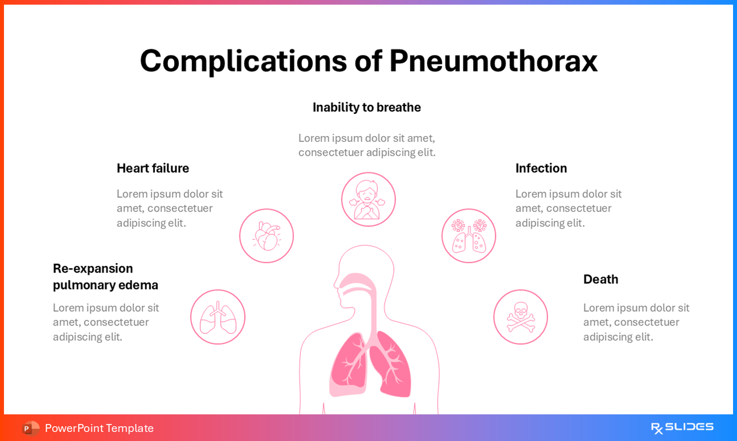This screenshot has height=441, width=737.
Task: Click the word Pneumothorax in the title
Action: (x=493, y=61)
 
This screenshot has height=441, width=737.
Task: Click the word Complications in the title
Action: (x=243, y=61)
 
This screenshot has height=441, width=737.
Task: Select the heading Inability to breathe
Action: (x=367, y=107)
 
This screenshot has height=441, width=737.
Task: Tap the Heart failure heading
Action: (x=153, y=168)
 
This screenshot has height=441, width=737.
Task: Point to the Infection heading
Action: (x=541, y=168)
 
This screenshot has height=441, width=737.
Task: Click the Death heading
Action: (x=600, y=279)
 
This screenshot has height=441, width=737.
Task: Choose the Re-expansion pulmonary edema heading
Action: (x=106, y=277)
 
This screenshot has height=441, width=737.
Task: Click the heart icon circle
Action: (x=266, y=236)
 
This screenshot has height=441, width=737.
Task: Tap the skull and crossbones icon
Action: (x=520, y=317)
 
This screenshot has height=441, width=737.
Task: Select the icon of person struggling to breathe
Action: (x=368, y=200)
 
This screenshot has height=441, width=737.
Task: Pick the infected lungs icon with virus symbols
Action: (x=469, y=236)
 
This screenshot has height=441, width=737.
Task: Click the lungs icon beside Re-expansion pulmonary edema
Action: (x=218, y=317)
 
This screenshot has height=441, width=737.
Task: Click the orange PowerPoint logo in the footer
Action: (x=31, y=428)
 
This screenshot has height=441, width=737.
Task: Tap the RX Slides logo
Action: (x=682, y=428)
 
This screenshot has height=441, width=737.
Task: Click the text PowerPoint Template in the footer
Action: (x=99, y=428)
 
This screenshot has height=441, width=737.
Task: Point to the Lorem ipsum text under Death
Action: (x=636, y=322)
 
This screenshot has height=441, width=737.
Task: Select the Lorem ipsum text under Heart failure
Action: (x=170, y=208)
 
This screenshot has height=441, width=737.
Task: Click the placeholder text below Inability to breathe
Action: (x=367, y=145)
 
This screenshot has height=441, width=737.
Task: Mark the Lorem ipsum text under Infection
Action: (x=568, y=208)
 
